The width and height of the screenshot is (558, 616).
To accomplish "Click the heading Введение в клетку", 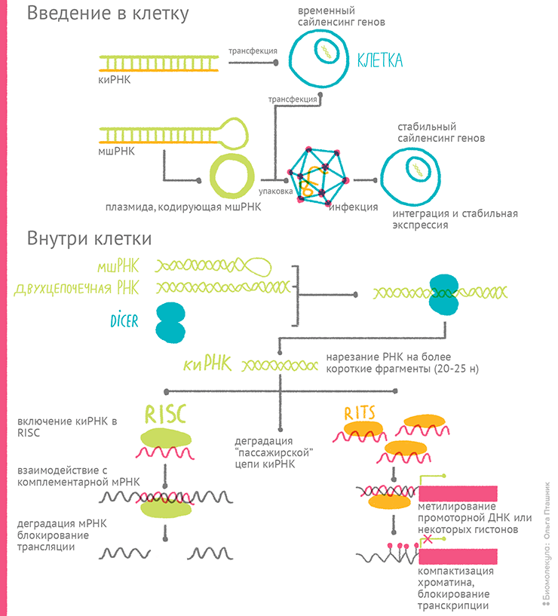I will [108, 14].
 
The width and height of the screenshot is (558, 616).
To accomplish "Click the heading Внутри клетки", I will [90, 239].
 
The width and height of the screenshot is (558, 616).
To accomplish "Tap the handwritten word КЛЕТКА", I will [379, 60].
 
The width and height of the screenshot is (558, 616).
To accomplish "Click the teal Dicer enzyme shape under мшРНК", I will [170, 322].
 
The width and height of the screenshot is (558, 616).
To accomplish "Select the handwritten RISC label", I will [165, 412].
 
